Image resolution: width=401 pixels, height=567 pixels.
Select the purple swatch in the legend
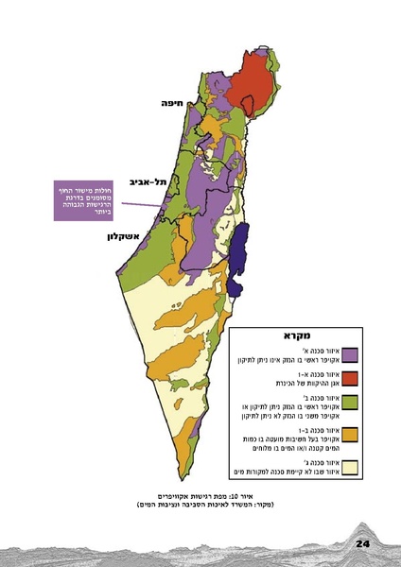(350, 355)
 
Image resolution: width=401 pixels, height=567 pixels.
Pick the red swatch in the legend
(350, 380)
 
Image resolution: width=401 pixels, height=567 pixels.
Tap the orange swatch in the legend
(350, 436)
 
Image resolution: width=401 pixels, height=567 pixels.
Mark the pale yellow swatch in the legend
(350, 466)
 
